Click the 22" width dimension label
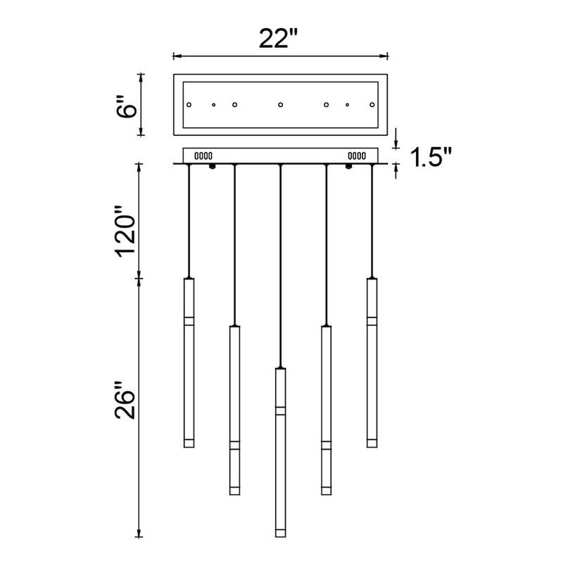coord(278,39)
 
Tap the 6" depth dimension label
coord(127,106)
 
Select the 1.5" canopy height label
coord(431,157)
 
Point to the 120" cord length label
coord(126,232)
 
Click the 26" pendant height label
coord(125,401)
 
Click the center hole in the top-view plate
coord(280,105)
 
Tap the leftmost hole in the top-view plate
coord(189,105)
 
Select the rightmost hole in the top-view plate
coord(372,105)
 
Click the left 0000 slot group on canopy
coord(203,156)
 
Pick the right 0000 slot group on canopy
coord(357,156)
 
